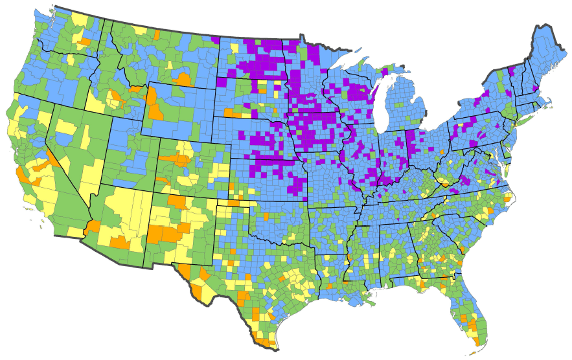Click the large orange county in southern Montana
[x=183, y=80]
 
